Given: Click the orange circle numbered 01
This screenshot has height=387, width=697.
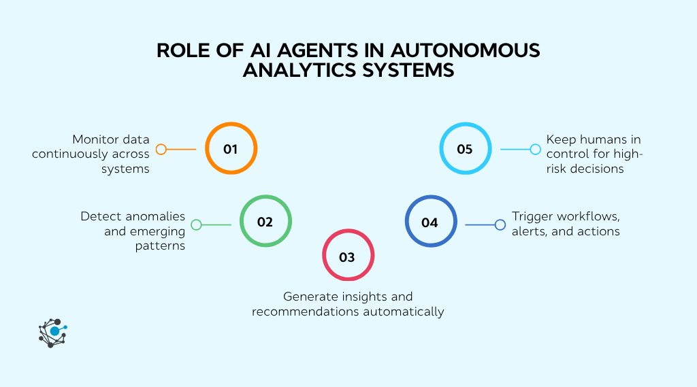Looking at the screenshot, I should tap(231, 149).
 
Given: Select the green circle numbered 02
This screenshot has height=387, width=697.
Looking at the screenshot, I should tap(265, 222).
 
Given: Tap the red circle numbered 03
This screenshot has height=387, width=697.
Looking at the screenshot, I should tap(347, 256).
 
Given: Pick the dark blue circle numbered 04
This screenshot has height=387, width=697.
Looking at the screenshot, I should tap(430, 222).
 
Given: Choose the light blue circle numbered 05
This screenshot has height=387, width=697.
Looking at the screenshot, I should tap(465, 149).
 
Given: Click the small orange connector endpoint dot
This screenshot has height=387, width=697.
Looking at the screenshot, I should tap(161, 149).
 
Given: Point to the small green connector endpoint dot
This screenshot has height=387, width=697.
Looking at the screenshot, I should tap(196, 224).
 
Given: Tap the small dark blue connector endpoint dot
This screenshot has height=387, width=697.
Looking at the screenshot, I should tap(500, 224).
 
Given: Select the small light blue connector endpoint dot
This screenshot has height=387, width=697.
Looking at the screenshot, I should tap(535, 149).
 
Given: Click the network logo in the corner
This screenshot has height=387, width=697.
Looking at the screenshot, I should tap(52, 333).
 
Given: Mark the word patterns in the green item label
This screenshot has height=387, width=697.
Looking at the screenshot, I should tap(160, 246).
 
